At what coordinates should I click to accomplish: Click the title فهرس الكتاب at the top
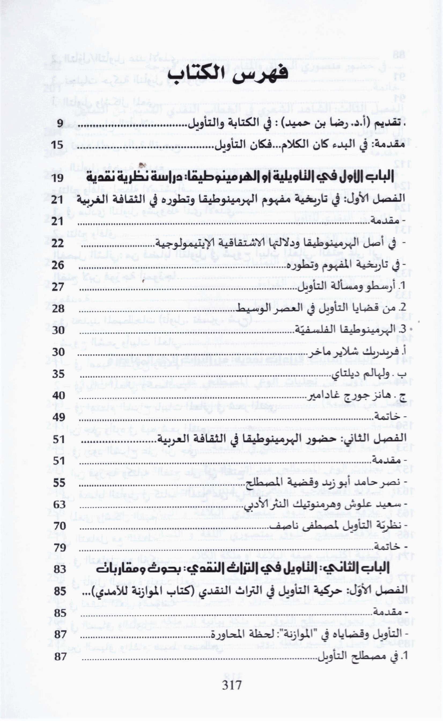click(228, 75)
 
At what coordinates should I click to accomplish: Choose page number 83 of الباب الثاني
click(60, 569)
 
